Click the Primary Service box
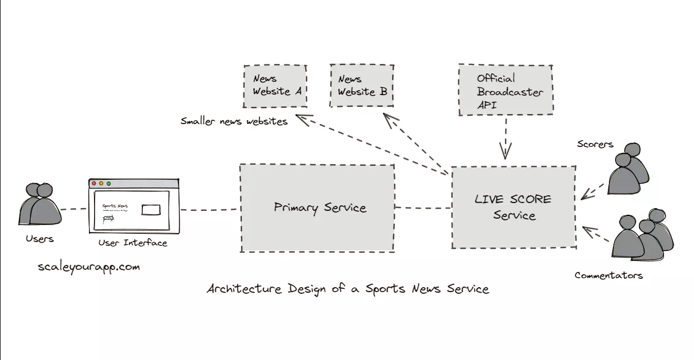click(318, 208)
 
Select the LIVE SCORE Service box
click(513, 207)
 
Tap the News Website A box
click(275, 86)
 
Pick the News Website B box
click(362, 86)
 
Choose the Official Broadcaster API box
click(505, 90)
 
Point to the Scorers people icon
click(628, 169)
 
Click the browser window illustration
click(134, 206)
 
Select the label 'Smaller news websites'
click(234, 121)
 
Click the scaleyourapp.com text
click(89, 267)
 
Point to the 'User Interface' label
click(133, 243)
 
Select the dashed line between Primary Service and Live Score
click(423, 208)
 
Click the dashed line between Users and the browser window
click(74, 209)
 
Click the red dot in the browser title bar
click(94, 183)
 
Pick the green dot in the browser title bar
click(109, 183)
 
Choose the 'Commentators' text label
click(608, 275)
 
